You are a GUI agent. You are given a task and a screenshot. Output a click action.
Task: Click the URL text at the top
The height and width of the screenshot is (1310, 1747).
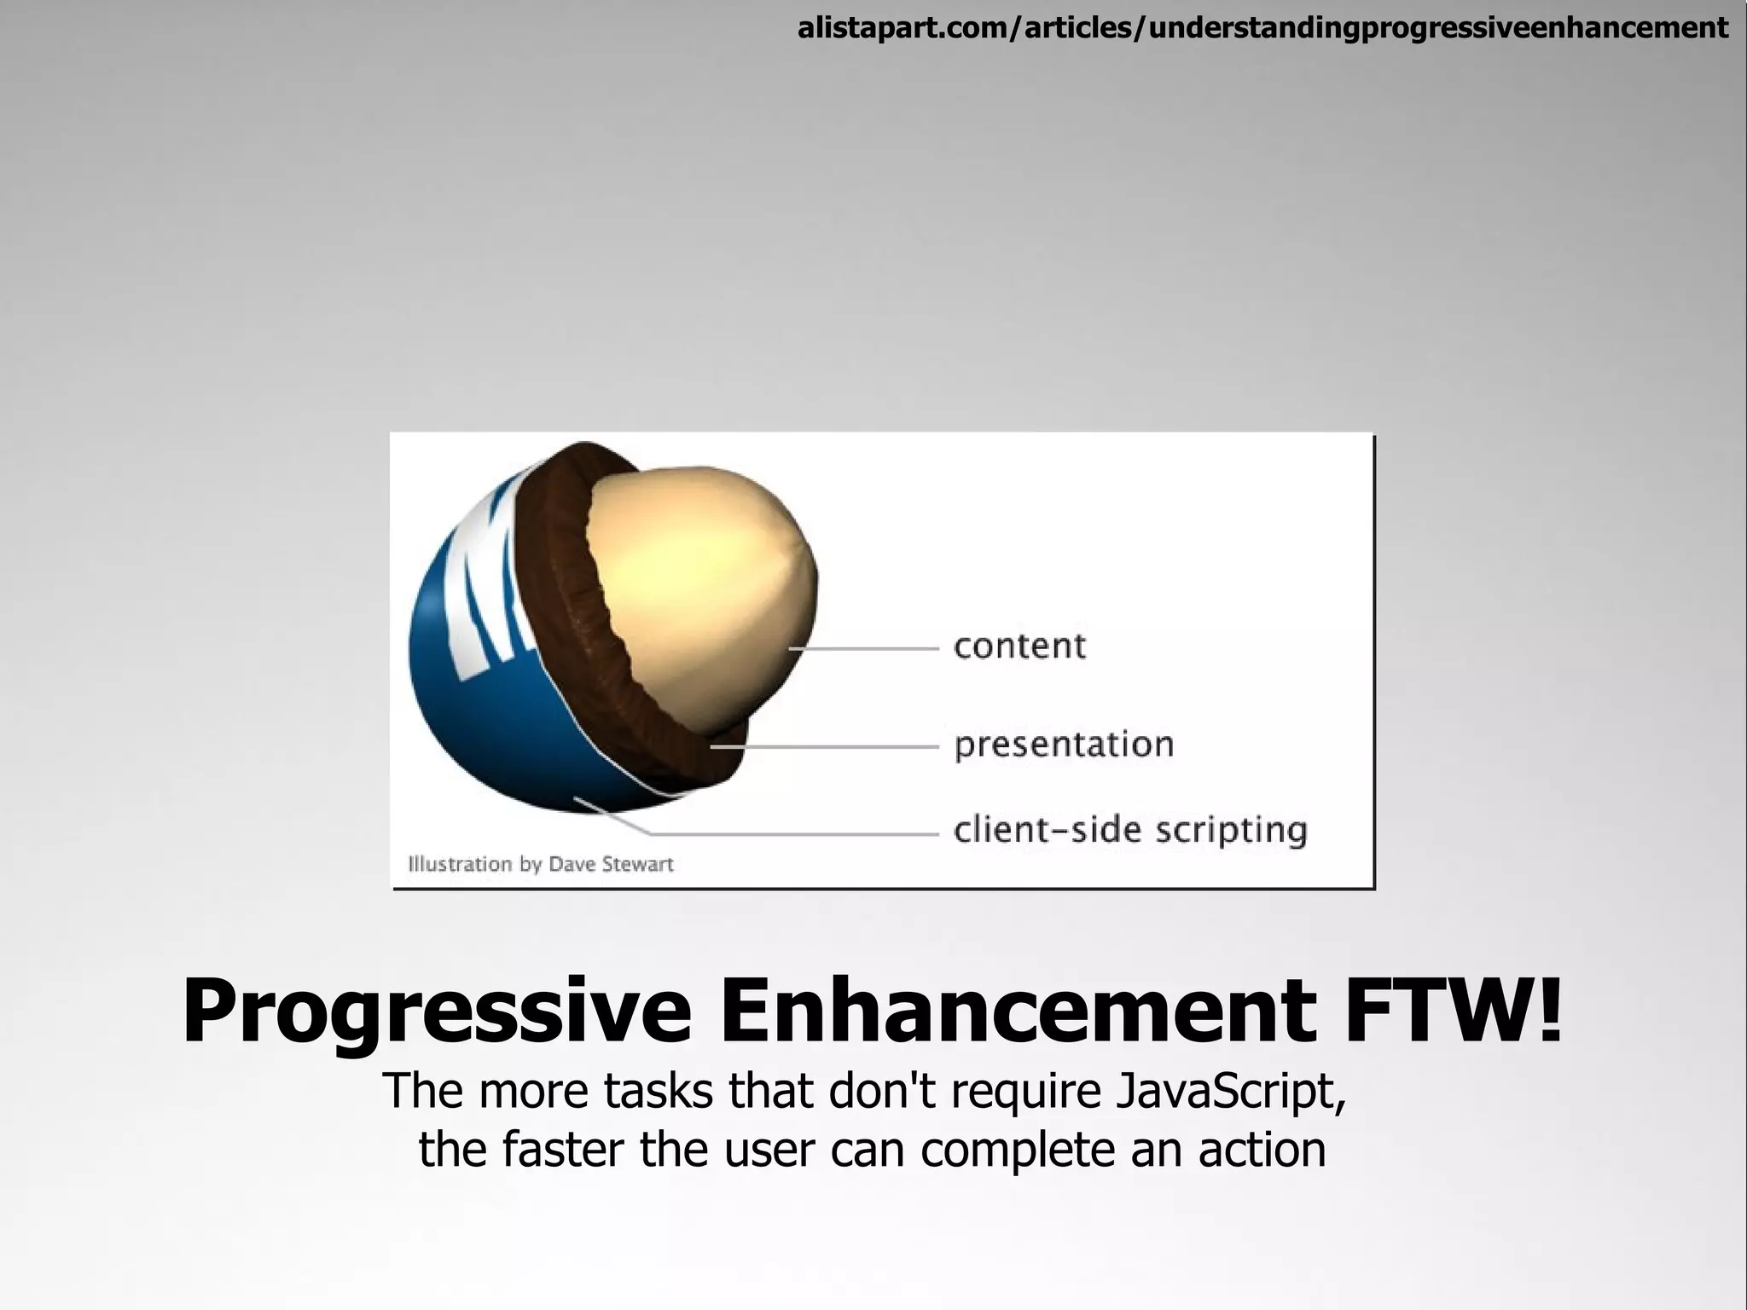pyautogui.click(x=1262, y=29)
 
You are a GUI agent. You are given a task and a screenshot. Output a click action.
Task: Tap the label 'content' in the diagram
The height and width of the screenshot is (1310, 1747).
pyautogui.click(x=1019, y=646)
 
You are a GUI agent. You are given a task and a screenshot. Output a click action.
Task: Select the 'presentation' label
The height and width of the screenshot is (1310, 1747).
pyautogui.click(x=1064, y=745)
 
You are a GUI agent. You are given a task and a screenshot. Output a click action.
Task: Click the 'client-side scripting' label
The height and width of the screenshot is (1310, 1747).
pyautogui.click(x=1129, y=830)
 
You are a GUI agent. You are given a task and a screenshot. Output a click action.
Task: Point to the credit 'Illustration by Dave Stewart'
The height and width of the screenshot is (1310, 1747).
pyautogui.click(x=541, y=864)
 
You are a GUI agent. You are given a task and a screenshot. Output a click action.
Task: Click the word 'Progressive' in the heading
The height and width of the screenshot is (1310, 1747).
pyautogui.click(x=436, y=1012)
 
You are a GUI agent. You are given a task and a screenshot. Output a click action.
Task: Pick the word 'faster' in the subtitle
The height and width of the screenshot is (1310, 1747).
pyautogui.click(x=563, y=1150)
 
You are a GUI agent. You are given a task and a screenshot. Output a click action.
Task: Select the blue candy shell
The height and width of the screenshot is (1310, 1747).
pyautogui.click(x=478, y=725)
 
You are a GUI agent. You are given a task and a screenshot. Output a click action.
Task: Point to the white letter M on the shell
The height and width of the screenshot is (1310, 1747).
pyautogui.click(x=490, y=597)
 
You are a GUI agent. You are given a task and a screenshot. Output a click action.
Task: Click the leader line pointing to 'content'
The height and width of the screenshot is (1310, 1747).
pyautogui.click(x=862, y=649)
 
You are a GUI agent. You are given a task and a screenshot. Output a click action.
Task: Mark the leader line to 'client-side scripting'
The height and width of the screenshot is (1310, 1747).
pyautogui.click(x=793, y=833)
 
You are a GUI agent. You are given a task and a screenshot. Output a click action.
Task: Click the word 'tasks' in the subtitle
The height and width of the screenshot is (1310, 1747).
pyautogui.click(x=657, y=1092)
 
